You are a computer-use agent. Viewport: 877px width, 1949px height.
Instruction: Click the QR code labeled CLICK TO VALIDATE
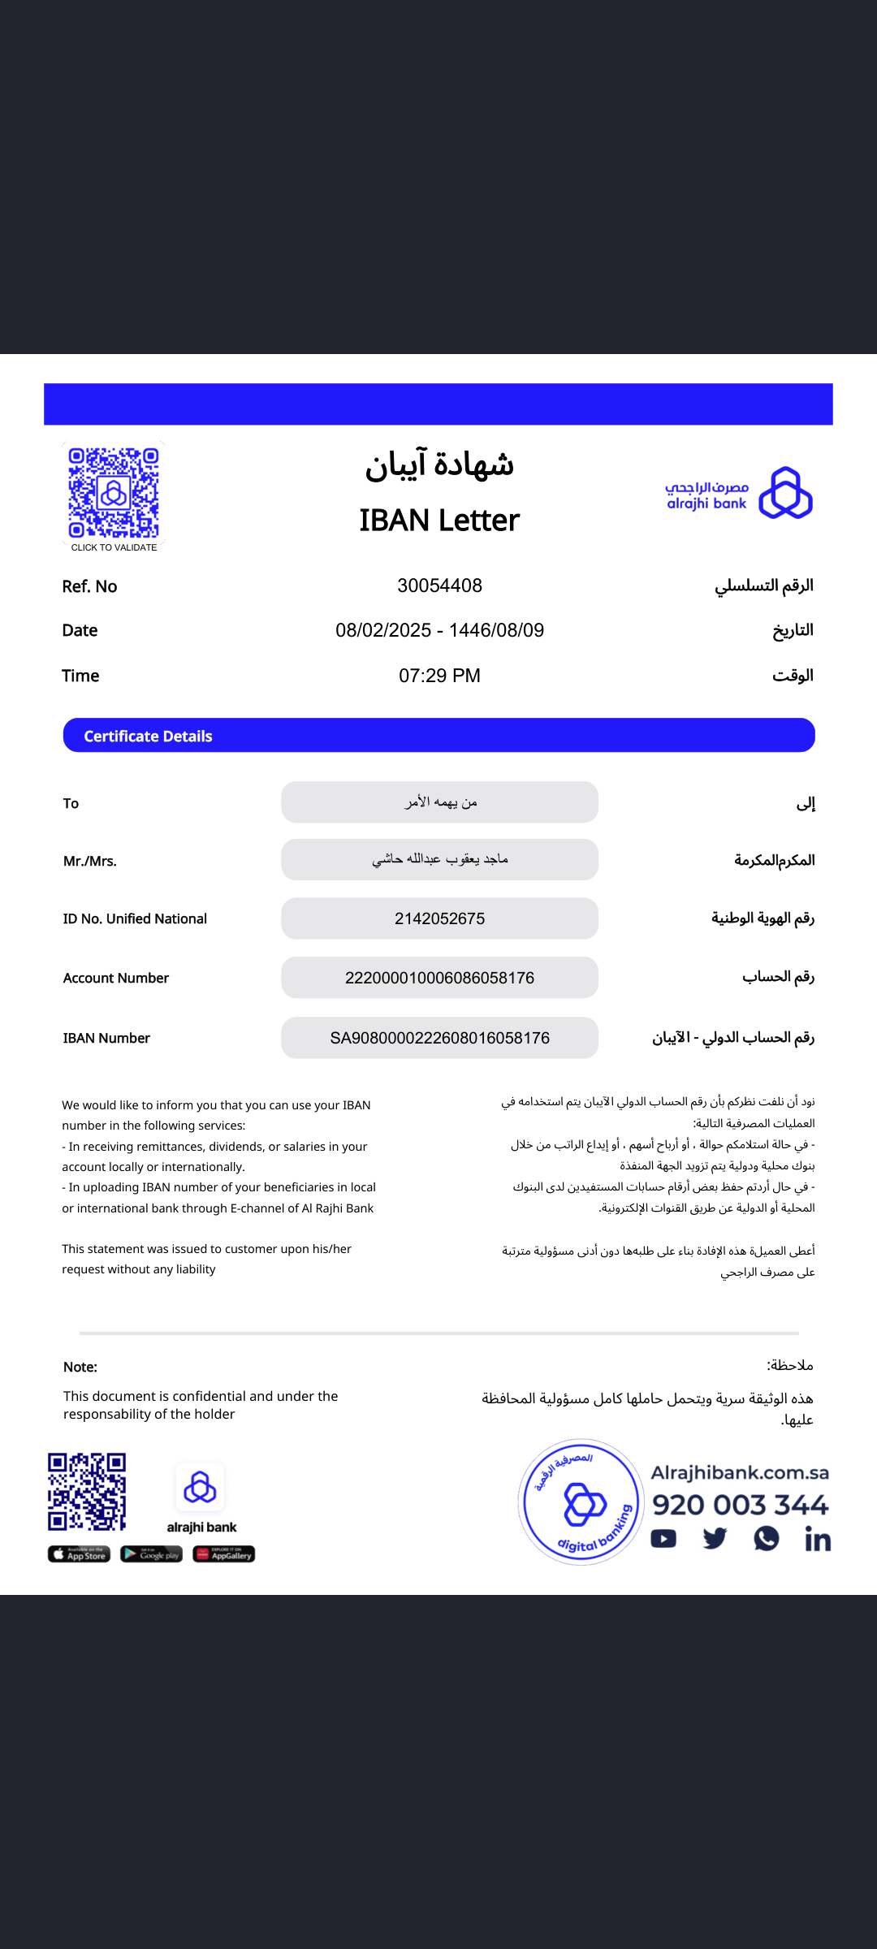(114, 493)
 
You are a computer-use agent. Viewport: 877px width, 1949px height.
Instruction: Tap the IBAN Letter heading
(439, 521)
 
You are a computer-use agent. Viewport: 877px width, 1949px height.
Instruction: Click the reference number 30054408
(439, 586)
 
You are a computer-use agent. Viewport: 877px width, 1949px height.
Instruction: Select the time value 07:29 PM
(439, 676)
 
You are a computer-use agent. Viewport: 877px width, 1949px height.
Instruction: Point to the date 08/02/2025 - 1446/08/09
(439, 630)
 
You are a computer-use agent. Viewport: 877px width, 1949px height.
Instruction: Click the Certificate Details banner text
(148, 737)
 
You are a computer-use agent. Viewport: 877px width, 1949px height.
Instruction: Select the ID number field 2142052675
(439, 918)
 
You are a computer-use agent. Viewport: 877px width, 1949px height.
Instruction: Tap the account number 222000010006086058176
(439, 978)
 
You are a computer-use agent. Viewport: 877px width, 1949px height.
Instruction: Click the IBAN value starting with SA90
(439, 1038)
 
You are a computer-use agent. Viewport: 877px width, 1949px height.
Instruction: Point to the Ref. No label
(89, 586)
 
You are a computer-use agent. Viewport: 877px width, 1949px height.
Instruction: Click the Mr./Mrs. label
(90, 861)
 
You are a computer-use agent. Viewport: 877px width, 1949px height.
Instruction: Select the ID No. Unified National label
(135, 918)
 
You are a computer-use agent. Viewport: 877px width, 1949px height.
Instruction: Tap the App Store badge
(79, 1554)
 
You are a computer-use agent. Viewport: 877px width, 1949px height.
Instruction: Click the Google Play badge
(151, 1554)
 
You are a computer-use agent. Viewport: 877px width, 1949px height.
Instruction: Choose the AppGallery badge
(223, 1554)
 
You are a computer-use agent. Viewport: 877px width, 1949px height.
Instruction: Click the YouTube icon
(663, 1539)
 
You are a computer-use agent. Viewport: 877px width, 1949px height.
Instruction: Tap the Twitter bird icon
(715, 1539)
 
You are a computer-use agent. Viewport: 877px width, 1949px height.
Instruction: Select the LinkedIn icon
(818, 1539)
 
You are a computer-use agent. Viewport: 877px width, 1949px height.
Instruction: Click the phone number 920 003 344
(740, 1505)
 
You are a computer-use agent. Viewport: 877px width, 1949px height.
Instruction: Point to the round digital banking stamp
(581, 1502)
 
